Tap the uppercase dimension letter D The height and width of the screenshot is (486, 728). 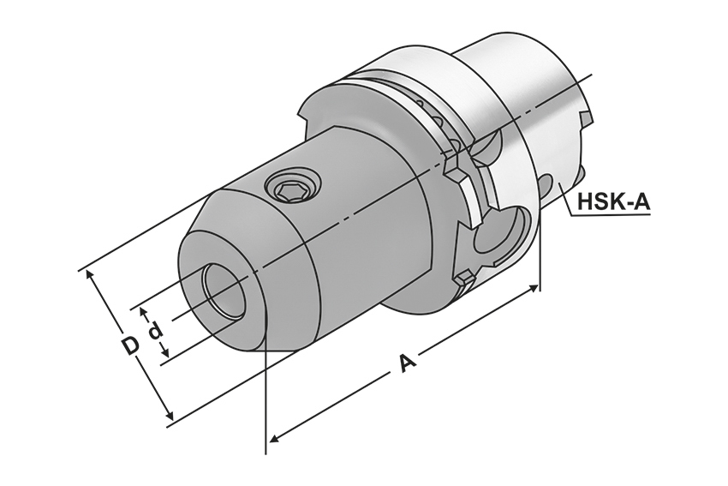129,346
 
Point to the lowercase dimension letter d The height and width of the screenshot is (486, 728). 155,331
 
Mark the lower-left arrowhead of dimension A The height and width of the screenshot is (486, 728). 273,440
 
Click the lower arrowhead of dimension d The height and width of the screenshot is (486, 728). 163,354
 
